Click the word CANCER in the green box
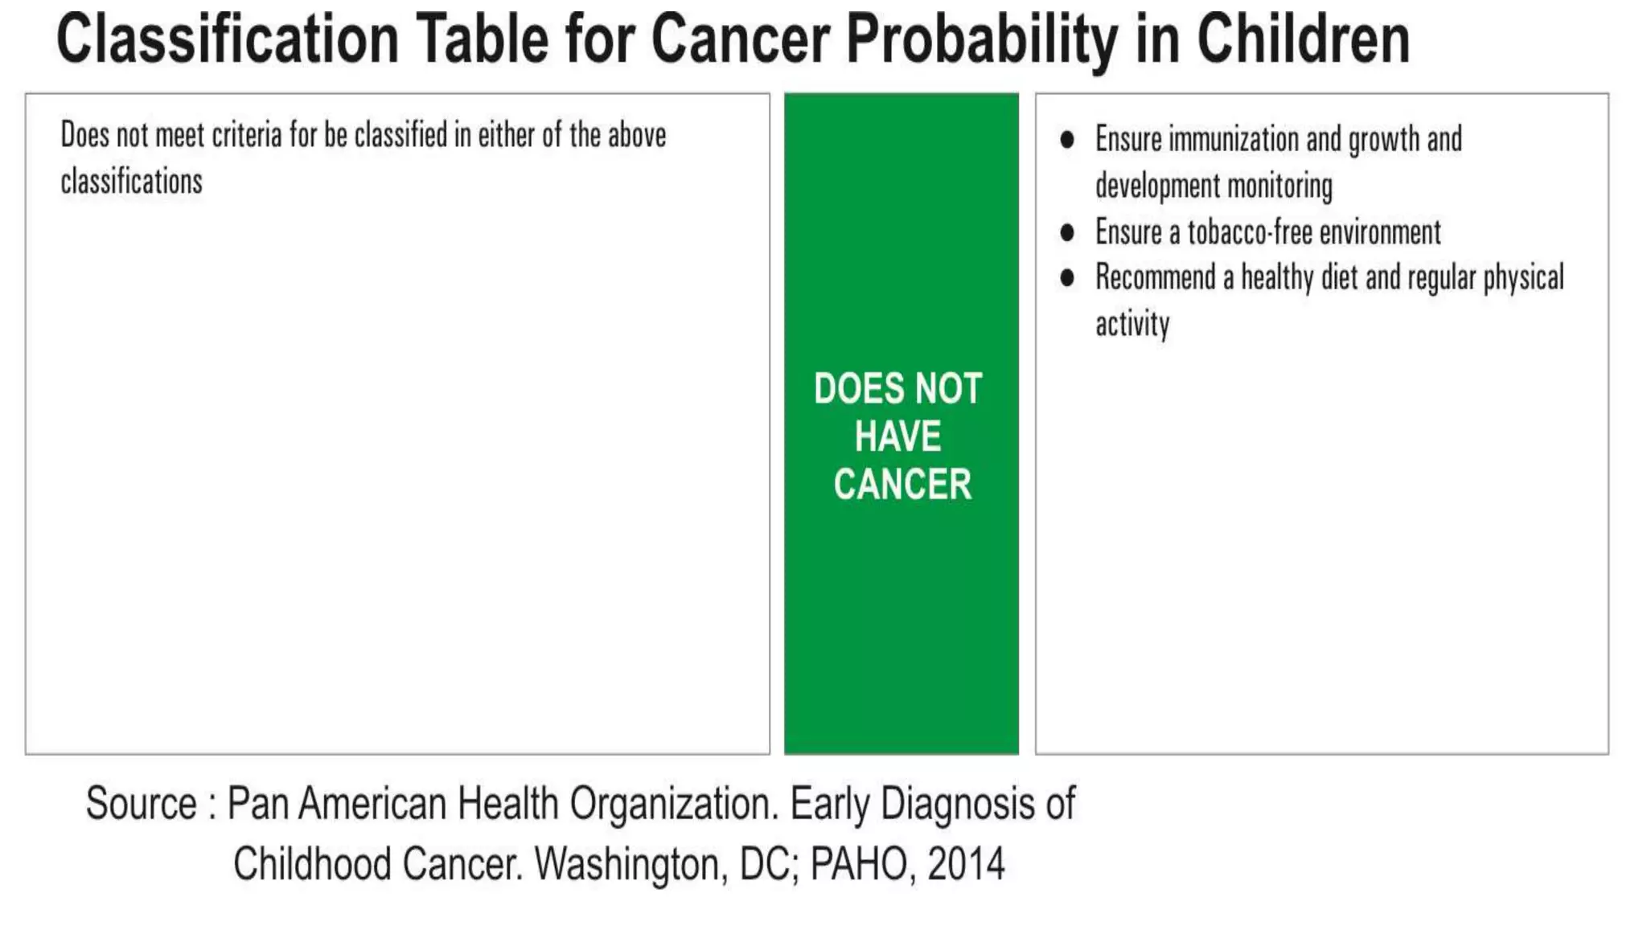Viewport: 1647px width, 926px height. point(902,484)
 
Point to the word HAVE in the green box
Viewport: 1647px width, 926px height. point(897,436)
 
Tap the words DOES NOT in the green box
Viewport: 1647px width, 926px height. point(897,389)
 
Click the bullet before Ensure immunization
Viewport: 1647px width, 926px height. point(1067,140)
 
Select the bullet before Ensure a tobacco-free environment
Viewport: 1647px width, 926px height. point(1067,233)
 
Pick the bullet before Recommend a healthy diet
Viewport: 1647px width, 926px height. point(1067,278)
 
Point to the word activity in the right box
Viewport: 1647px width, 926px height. point(1132,325)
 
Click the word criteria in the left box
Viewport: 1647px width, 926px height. point(247,136)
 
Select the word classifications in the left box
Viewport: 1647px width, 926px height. point(131,182)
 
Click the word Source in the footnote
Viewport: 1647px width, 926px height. point(142,804)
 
